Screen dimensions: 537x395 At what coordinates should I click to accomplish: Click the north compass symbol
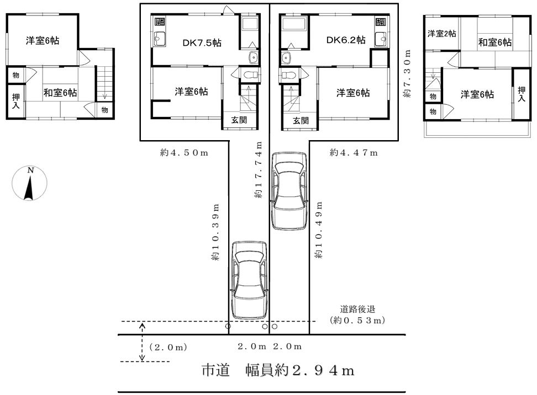click(29, 183)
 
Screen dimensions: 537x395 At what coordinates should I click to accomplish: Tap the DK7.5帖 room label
click(202, 42)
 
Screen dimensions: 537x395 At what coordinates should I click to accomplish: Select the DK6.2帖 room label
click(345, 40)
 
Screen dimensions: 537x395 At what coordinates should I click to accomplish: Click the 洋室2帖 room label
click(442, 34)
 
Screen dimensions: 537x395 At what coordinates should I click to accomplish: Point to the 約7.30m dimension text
click(407, 73)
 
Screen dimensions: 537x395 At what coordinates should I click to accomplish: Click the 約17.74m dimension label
click(259, 169)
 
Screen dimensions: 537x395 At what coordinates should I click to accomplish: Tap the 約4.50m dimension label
click(184, 152)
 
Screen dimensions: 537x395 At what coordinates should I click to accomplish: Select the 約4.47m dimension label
click(354, 152)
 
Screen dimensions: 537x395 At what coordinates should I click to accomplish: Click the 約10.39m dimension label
click(215, 233)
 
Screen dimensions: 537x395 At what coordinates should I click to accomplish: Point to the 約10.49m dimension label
click(319, 230)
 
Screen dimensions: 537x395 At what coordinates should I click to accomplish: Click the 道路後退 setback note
click(357, 309)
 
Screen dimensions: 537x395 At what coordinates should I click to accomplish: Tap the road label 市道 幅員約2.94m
click(278, 370)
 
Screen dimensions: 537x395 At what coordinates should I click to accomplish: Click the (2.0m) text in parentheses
click(168, 347)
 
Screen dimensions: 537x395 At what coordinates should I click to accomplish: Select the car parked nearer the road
click(249, 280)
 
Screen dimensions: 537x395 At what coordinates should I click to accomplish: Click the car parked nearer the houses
click(289, 191)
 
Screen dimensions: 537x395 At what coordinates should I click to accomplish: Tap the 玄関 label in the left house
click(239, 120)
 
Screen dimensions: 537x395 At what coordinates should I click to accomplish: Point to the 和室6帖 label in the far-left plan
click(60, 93)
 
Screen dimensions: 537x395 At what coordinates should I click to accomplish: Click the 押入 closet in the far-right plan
click(521, 94)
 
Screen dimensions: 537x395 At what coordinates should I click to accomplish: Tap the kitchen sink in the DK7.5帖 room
click(159, 38)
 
